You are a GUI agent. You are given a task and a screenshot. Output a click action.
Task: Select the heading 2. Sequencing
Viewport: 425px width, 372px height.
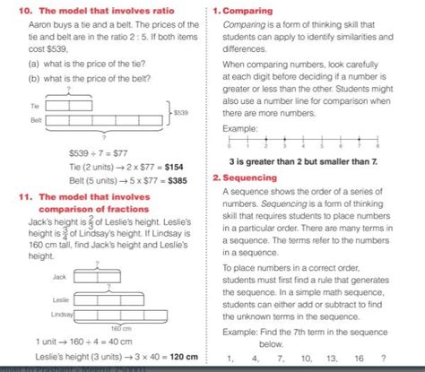[249, 177]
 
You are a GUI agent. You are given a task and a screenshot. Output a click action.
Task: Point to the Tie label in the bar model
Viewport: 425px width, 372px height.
[34, 105]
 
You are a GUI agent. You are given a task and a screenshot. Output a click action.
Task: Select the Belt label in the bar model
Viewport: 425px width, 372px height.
[35, 119]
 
